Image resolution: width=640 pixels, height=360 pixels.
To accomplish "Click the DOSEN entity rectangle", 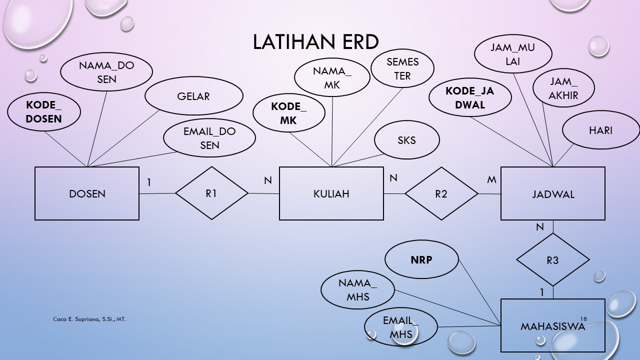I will (x=87, y=193).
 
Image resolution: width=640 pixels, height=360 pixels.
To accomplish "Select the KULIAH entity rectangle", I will (x=331, y=193).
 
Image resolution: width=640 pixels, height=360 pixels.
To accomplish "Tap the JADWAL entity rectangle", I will (x=552, y=193).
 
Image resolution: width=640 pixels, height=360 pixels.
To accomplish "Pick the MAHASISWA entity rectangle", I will (x=552, y=326).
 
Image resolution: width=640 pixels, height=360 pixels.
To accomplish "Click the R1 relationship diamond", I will (x=211, y=193).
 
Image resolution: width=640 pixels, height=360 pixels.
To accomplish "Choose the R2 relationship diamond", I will (x=441, y=193).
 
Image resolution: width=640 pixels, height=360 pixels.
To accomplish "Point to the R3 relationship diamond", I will (x=552, y=260).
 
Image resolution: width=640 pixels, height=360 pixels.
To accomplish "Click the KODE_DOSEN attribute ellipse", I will (x=44, y=112).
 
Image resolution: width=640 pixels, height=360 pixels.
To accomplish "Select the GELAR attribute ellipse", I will (x=193, y=96).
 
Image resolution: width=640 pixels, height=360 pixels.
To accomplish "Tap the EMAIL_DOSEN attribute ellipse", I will (x=209, y=138).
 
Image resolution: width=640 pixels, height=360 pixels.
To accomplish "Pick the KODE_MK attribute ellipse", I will (x=289, y=113).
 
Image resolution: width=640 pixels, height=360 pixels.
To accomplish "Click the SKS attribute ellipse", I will (x=406, y=140).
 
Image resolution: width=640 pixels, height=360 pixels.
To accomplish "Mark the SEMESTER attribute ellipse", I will (x=402, y=69).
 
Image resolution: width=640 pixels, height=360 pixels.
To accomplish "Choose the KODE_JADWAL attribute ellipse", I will (x=470, y=98).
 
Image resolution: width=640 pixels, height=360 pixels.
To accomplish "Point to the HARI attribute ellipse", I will (x=600, y=130).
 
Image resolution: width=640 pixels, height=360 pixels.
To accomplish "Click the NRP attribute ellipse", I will (x=421, y=260).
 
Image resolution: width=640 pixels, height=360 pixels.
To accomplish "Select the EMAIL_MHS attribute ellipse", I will (x=400, y=327).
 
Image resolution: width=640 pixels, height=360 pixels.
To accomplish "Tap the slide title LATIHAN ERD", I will (x=315, y=42).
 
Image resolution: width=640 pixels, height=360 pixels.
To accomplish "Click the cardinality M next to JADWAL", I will (x=491, y=179).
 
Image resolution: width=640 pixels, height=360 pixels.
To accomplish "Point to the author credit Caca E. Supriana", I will (x=89, y=318).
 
